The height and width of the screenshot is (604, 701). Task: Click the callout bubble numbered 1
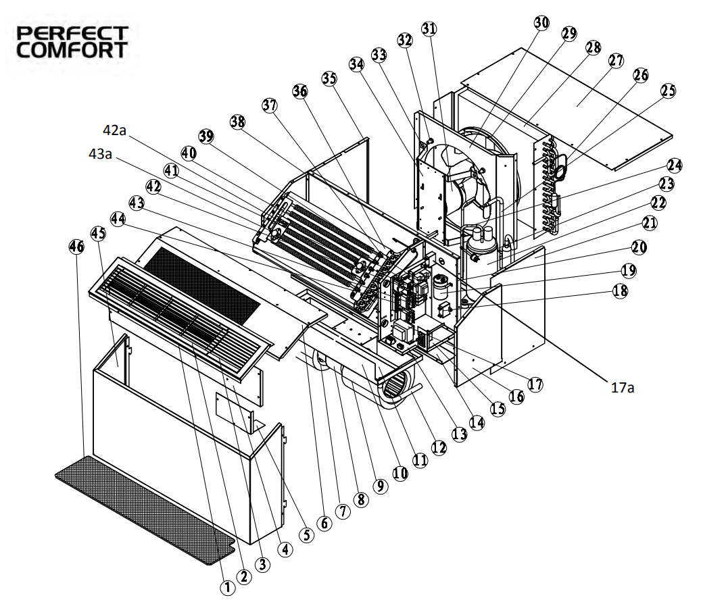point(227,588)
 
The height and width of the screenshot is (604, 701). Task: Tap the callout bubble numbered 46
point(76,246)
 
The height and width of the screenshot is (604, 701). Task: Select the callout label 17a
point(623,388)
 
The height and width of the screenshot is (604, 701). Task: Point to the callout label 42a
point(114,130)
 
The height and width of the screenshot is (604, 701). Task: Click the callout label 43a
point(100,154)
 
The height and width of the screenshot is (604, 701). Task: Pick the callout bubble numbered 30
point(541,23)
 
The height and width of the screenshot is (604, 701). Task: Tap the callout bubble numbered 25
point(668,91)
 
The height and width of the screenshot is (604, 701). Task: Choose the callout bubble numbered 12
point(439,447)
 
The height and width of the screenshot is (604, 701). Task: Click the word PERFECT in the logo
point(72,34)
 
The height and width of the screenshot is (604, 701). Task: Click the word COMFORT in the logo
point(72,50)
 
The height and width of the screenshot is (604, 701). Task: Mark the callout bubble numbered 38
point(237,122)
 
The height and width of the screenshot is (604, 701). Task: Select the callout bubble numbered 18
point(620,291)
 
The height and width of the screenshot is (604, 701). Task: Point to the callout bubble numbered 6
point(324,523)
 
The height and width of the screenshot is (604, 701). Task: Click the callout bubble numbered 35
point(329,78)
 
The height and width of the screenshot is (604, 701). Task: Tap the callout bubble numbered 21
point(650,222)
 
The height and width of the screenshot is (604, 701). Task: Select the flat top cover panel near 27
point(567,109)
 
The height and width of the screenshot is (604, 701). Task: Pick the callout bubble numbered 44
point(118,219)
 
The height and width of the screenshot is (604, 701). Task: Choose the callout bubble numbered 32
point(405,41)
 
